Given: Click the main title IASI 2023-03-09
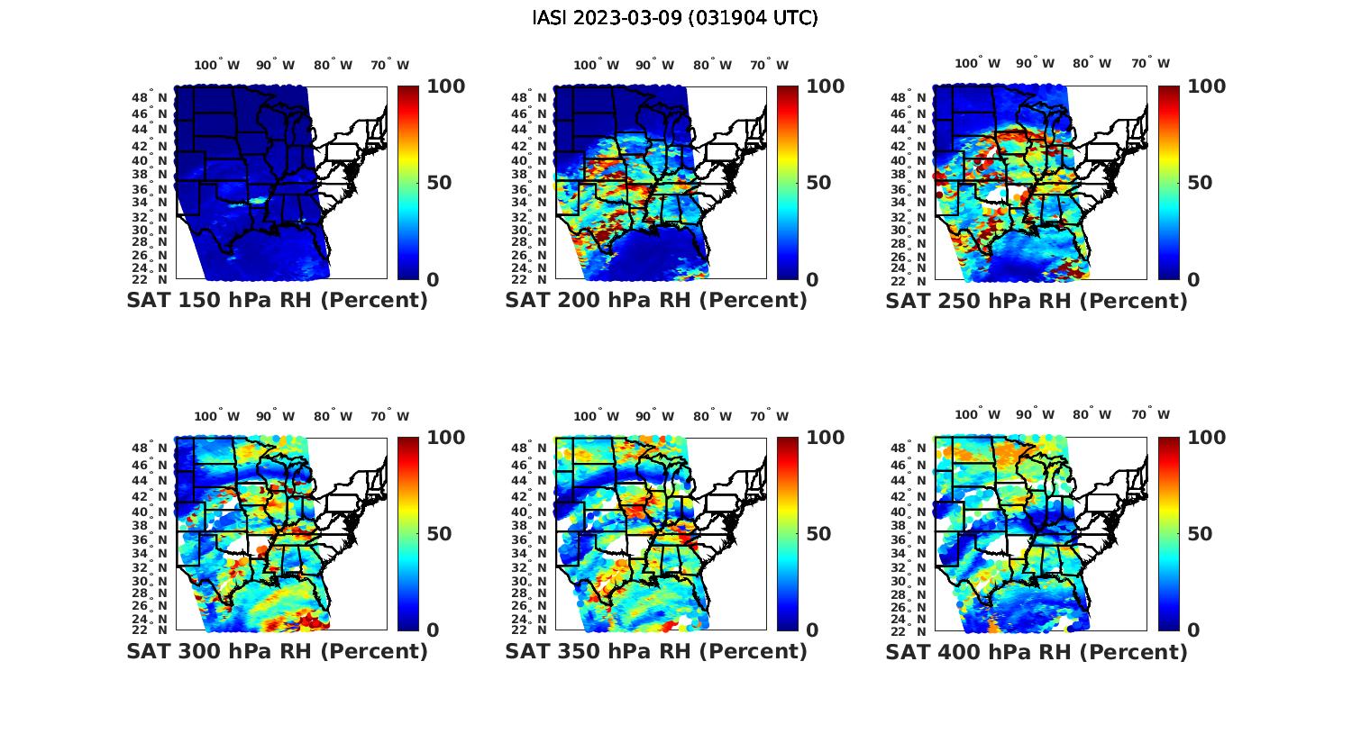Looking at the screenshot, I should click(675, 18).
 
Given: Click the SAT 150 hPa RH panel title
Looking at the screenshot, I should click(277, 301).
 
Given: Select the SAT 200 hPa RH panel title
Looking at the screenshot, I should click(656, 301).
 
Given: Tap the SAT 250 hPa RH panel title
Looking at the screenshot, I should click(1037, 301).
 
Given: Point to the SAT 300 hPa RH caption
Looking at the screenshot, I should click(277, 651).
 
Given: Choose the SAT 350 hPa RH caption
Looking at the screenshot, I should click(656, 651).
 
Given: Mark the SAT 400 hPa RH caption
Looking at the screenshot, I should click(1037, 651).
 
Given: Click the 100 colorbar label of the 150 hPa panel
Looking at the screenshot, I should click(446, 86).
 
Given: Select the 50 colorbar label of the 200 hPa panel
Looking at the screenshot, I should click(818, 183).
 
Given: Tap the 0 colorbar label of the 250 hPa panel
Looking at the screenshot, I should click(1194, 280).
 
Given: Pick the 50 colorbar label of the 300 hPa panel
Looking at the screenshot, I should click(439, 534).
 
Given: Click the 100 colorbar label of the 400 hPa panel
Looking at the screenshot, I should click(1207, 438).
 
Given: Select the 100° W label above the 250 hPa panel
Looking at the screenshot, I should click(978, 63).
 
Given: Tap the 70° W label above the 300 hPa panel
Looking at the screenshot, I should click(389, 416).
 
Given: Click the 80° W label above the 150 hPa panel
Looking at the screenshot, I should click(333, 65).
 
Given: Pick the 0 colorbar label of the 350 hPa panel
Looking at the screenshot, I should click(812, 630).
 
